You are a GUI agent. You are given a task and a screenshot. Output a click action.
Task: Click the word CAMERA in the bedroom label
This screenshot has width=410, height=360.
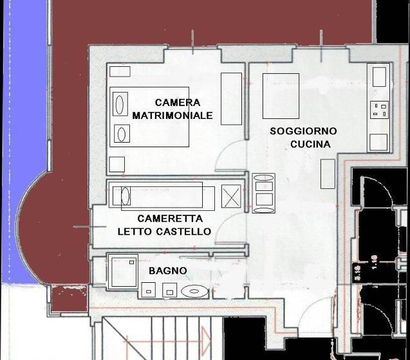point(178,102)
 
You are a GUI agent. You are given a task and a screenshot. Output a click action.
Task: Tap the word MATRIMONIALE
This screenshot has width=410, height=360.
point(172,116)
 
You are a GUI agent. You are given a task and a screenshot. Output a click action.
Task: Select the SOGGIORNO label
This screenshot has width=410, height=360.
point(303,131)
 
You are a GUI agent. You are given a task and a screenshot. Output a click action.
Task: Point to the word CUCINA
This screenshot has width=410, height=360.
point(310,144)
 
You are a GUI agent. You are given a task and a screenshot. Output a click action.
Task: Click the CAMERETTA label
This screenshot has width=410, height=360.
point(170,219)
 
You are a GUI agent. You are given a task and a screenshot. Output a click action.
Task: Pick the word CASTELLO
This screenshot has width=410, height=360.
point(183,231)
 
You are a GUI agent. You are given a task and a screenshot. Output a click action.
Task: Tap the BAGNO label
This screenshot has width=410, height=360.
point(168,271)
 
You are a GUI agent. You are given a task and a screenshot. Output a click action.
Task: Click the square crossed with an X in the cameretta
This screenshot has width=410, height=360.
point(231,197)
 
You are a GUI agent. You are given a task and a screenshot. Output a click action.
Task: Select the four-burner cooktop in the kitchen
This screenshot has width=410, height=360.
point(379,110)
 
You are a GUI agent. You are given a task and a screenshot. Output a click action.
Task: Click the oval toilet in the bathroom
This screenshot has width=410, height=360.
point(194,291)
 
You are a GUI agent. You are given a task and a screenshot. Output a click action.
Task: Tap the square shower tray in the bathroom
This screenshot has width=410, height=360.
point(123,272)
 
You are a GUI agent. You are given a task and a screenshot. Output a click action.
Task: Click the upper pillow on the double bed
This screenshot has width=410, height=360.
point(120,104)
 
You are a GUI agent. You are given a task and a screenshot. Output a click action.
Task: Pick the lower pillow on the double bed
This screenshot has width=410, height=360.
point(122,134)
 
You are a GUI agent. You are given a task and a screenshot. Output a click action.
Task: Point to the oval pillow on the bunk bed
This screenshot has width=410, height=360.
point(126,196)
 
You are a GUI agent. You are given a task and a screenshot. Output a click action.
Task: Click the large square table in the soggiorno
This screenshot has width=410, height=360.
point(281,96)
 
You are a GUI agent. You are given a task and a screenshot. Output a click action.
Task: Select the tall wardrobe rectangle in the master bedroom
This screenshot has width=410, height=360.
point(231,99)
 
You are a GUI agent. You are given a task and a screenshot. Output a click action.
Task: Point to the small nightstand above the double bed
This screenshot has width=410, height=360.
point(120,71)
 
